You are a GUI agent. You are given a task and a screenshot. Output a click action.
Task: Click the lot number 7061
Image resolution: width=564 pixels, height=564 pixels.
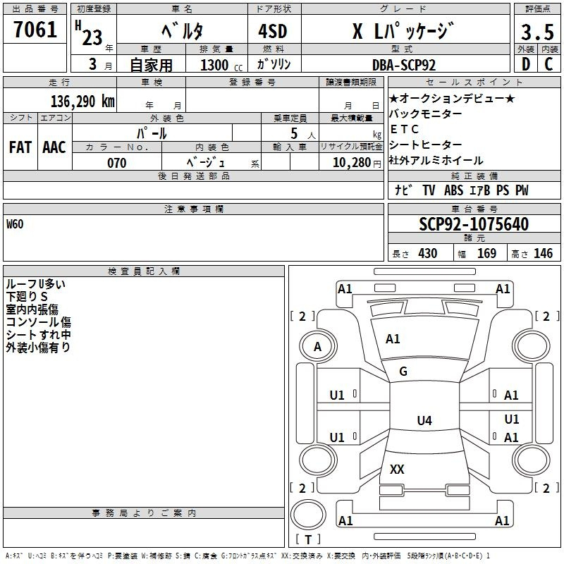pos(35,30)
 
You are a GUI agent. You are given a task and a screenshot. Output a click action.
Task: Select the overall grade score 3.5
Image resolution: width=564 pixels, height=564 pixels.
pos(537,32)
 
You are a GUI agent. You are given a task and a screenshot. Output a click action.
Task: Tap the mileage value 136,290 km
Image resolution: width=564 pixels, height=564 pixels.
pos(82,102)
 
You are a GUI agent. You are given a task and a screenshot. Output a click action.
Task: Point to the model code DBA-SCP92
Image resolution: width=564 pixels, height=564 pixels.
pos(404,65)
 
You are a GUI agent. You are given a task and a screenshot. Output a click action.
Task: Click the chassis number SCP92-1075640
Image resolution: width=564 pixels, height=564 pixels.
pos(474,224)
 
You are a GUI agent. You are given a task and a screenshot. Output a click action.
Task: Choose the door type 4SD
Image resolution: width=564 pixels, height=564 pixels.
pos(273,31)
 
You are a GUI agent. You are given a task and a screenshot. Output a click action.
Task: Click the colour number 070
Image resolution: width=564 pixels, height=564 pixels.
pos(117,163)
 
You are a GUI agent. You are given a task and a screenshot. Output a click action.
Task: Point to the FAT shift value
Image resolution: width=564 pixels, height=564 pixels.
pos(20,147)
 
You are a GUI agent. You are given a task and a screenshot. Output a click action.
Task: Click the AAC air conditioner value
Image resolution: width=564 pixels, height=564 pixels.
pos(54,147)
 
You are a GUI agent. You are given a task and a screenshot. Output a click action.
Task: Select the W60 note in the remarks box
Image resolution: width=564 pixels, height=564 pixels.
pos(15,224)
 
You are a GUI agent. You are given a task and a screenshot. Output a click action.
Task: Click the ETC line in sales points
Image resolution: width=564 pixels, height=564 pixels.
pos(404,129)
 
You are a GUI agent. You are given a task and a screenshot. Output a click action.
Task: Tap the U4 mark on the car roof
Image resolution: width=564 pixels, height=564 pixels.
pos(424,420)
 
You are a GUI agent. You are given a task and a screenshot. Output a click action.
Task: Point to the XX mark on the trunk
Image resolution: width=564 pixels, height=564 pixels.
pos(397,469)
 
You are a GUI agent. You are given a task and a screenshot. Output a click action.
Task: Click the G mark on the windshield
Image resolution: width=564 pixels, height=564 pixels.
pos(403,372)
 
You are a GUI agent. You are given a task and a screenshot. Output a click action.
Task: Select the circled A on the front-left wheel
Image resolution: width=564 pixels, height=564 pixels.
pos(318,347)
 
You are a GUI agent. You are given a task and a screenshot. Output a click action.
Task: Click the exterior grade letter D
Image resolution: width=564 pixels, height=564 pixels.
pos(525,64)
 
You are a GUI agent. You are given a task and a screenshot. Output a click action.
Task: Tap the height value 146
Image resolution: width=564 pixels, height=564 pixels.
pos(543,254)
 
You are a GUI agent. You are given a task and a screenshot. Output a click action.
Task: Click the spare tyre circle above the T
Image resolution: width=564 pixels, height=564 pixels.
pos(308,515)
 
